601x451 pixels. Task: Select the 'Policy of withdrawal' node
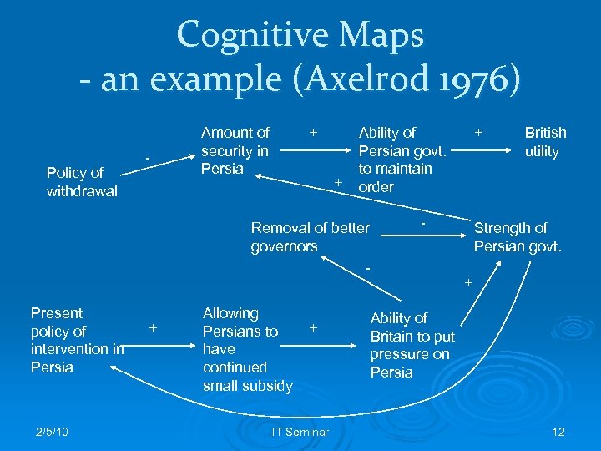click(82, 182)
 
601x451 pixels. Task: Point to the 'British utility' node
click(545, 142)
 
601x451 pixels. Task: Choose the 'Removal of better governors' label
click(310, 237)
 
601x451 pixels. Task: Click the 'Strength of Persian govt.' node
click(518, 237)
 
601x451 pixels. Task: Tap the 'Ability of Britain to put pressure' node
click(412, 345)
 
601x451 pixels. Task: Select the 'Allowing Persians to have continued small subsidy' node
click(247, 349)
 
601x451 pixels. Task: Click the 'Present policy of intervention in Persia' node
click(76, 340)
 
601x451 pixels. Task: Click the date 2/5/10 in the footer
click(53, 431)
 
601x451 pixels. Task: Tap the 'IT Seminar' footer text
click(300, 431)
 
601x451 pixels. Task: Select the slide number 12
click(558, 431)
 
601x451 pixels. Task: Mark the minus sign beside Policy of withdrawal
click(148, 158)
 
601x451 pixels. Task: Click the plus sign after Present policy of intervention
click(154, 328)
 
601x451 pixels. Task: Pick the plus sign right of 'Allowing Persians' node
click(313, 328)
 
